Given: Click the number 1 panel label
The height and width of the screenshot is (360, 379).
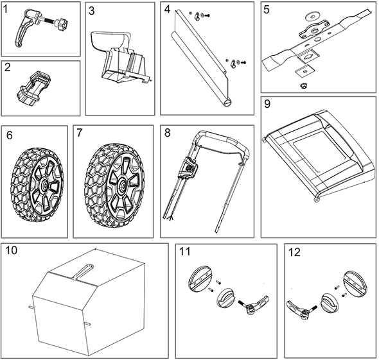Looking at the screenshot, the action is point(6,10).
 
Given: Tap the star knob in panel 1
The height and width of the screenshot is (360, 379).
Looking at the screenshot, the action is point(62,24).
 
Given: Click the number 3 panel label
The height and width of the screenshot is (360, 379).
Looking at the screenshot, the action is point(91,11).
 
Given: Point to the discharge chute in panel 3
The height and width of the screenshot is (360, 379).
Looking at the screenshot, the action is point(121,57).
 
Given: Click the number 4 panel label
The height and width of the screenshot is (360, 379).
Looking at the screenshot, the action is point(167,9).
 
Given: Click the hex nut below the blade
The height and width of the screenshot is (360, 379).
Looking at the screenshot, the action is point(302,85).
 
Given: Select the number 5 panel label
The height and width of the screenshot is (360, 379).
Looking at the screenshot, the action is point(267,10).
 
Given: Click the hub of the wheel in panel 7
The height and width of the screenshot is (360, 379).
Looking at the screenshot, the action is point(121,185).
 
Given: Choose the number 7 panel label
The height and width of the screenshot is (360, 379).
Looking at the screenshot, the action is point(79,133).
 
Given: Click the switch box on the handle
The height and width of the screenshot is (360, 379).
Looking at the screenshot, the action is point(188,167).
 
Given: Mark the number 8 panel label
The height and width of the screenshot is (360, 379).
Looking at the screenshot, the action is point(167,133).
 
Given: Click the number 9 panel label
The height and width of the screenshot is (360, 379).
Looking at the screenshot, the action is point(267,104).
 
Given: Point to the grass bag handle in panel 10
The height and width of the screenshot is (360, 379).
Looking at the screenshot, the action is point(84,271).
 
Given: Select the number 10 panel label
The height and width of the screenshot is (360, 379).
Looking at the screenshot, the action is point(11,250).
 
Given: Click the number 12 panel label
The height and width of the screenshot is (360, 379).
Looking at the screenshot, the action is point(294,253).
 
